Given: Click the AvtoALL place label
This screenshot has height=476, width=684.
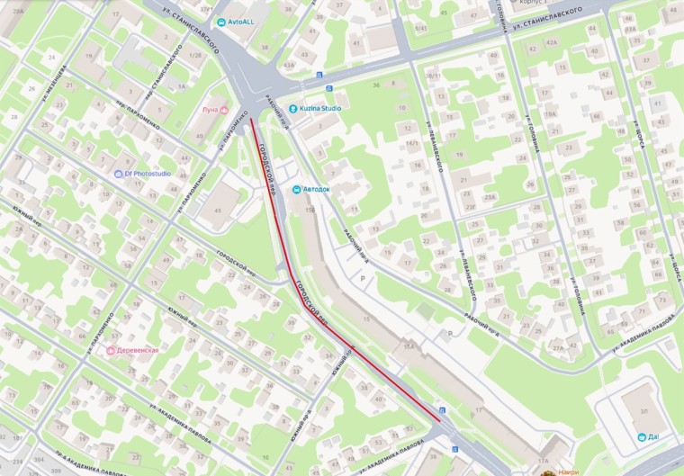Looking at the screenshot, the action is pyautogui.click(x=237, y=21).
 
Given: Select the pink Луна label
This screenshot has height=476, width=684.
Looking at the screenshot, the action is pyautogui.click(x=208, y=110).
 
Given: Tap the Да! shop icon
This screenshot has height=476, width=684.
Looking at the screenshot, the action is pyautogui.click(x=642, y=436).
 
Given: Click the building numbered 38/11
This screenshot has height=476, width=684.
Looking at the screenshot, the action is pyautogui.click(x=434, y=76).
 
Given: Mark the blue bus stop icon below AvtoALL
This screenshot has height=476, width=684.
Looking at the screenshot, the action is pyautogui.click(x=319, y=75).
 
